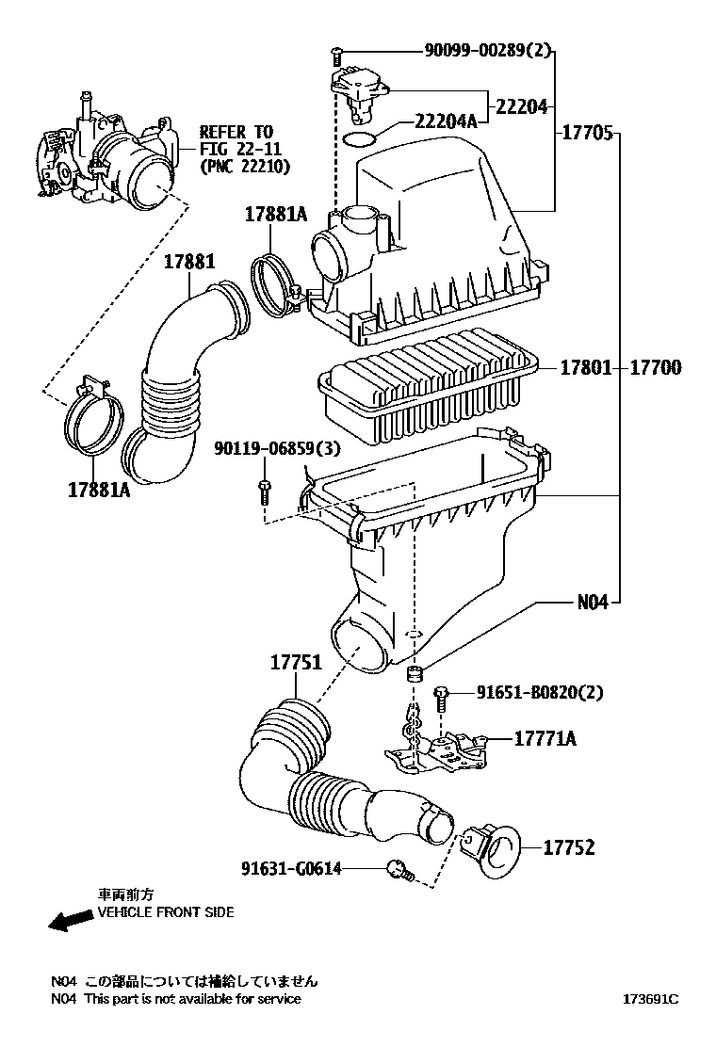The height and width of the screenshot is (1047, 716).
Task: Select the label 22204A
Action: click(x=447, y=121)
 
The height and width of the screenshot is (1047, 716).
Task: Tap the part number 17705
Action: click(x=586, y=133)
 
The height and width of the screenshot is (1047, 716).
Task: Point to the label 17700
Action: click(x=656, y=367)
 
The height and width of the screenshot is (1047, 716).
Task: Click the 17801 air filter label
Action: click(x=586, y=367)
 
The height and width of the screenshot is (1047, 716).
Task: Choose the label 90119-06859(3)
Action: click(x=277, y=448)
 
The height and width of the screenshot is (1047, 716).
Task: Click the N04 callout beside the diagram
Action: click(x=594, y=603)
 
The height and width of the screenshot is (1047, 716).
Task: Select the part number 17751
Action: click(x=296, y=663)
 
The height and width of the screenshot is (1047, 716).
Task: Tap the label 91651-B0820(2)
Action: click(x=540, y=692)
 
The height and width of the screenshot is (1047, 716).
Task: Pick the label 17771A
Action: click(x=545, y=738)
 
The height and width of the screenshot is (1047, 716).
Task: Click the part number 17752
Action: click(x=568, y=847)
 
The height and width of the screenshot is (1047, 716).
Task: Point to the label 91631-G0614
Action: click(x=291, y=868)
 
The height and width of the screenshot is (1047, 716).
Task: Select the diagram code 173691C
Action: click(x=651, y=999)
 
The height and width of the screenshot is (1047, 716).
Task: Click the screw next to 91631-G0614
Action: click(x=400, y=871)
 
